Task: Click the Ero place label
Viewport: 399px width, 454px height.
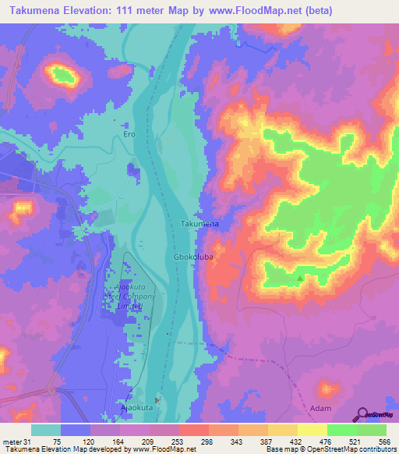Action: tap(129, 134)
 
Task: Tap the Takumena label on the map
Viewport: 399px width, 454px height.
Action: tap(199, 224)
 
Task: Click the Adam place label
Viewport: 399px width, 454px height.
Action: tap(320, 409)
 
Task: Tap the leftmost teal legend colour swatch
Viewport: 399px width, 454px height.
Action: tap(46, 430)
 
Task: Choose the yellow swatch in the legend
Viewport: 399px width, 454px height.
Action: tap(312, 430)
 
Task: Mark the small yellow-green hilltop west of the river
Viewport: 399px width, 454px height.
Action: tap(64, 74)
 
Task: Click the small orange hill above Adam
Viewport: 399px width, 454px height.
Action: tap(325, 388)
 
